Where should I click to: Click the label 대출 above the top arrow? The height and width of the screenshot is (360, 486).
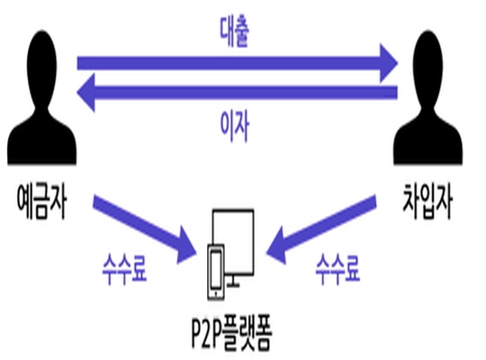pyautogui.click(x=234, y=31)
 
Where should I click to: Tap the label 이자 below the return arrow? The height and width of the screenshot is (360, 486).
pyautogui.click(x=234, y=126)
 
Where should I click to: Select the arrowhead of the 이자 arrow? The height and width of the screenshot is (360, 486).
pyautogui.click(x=85, y=92)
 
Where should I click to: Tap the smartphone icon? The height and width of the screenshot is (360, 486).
pyautogui.click(x=216, y=273)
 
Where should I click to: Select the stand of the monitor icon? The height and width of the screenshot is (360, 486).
pyautogui.click(x=233, y=282)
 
